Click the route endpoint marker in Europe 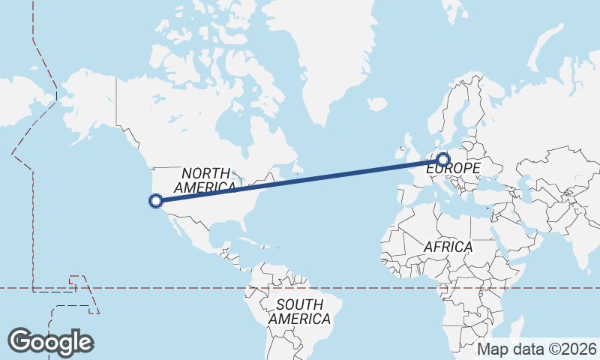point(443,159)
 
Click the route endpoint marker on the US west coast point(156,200)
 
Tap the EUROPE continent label point(453,169)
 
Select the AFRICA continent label point(448,247)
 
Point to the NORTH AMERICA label point(205,180)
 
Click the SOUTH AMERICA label point(299,312)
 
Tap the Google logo point(50,341)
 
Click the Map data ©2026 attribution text point(537,349)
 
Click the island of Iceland point(379,106)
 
